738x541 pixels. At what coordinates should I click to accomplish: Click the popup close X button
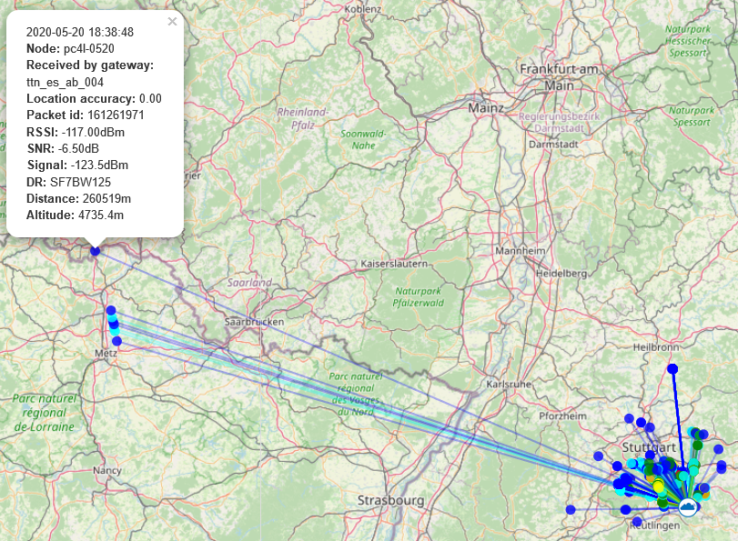coord(173,22)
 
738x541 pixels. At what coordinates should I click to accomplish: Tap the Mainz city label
coord(485,107)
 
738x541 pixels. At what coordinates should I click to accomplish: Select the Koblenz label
coord(363,8)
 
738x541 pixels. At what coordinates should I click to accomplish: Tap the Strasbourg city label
coord(391,500)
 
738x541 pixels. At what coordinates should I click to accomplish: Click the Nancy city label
coord(106,470)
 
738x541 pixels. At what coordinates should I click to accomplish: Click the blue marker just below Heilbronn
coord(672,368)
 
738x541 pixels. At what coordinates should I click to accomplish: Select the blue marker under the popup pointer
coord(95,251)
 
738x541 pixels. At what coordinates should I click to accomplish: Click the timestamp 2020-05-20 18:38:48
coord(80,32)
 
